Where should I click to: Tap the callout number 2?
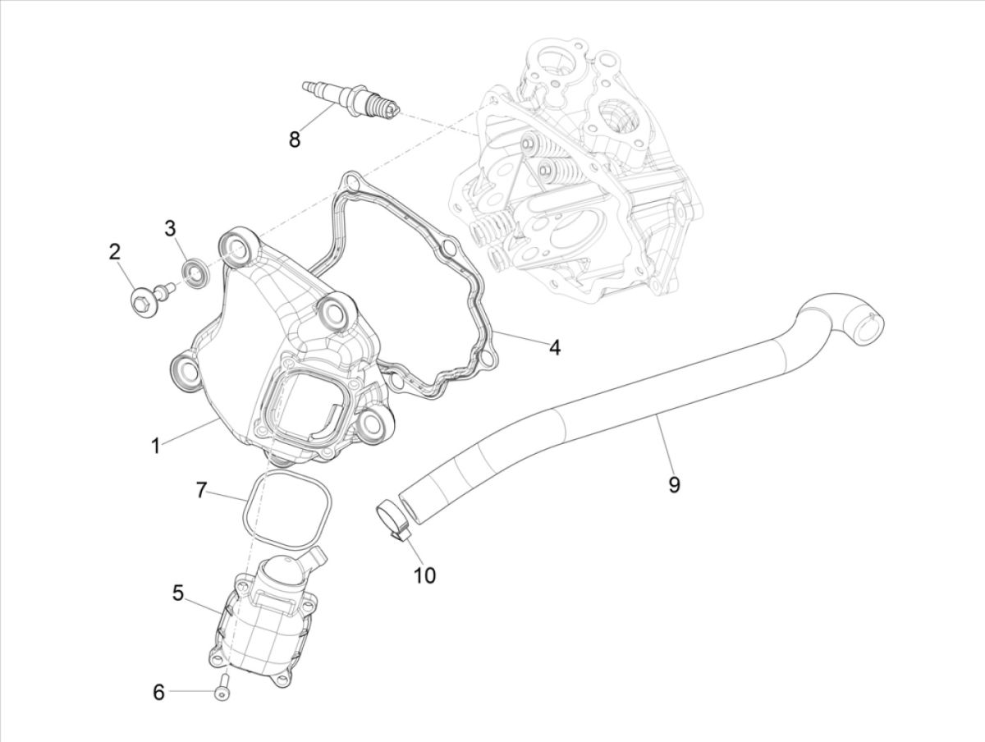pyautogui.click(x=116, y=252)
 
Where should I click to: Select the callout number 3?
pyautogui.click(x=170, y=228)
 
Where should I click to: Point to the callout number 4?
pyautogui.click(x=555, y=348)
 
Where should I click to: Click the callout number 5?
pyautogui.click(x=178, y=592)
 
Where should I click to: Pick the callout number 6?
pyautogui.click(x=159, y=693)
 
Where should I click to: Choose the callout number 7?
pyautogui.click(x=201, y=491)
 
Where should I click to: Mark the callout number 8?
pyautogui.click(x=294, y=139)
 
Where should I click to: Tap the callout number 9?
pyautogui.click(x=673, y=485)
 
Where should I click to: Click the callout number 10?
pyautogui.click(x=424, y=575)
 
